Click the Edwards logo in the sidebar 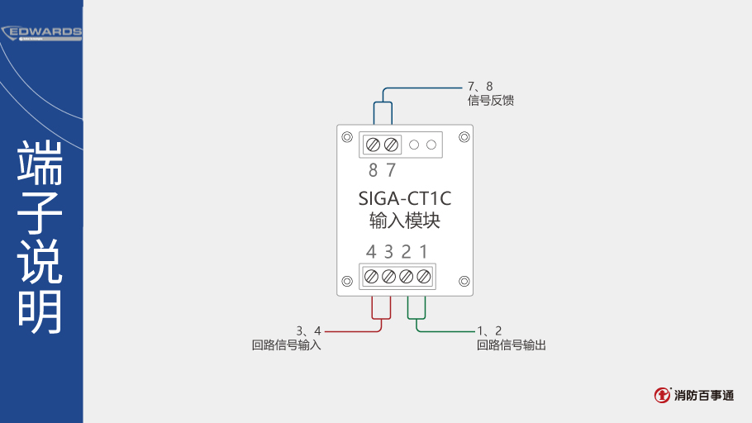[x=41, y=33]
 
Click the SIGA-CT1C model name [x=405, y=198]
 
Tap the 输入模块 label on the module [x=405, y=221]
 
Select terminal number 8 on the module [x=374, y=169]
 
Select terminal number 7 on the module [x=392, y=169]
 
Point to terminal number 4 [x=371, y=251]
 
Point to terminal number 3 [x=388, y=251]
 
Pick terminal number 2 [x=407, y=251]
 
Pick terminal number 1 [x=423, y=251]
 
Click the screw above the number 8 [x=374, y=145]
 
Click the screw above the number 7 [x=392, y=145]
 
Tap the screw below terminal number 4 [x=371, y=276]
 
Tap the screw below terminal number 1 [x=423, y=276]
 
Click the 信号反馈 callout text [x=491, y=101]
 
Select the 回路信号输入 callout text [x=286, y=345]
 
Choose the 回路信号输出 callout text [x=512, y=345]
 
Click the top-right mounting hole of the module [x=464, y=137]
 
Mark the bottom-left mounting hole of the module [x=347, y=281]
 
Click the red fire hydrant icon [x=662, y=395]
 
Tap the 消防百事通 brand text [x=704, y=396]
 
